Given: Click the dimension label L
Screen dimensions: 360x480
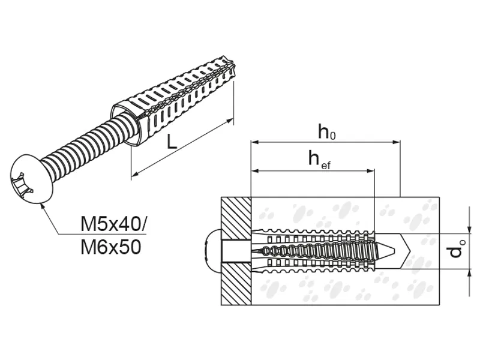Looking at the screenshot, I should [172, 142].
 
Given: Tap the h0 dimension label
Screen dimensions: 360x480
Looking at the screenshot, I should [326, 131].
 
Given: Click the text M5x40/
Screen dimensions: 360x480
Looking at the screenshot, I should [113, 224].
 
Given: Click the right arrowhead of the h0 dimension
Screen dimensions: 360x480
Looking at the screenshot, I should [397, 142].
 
